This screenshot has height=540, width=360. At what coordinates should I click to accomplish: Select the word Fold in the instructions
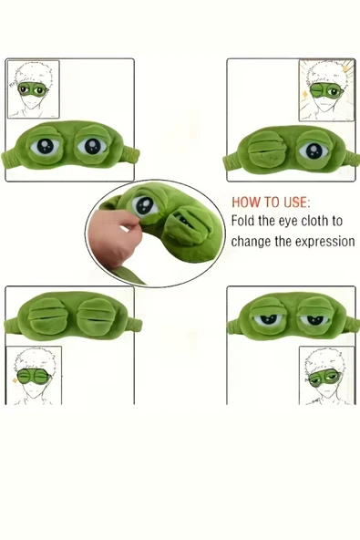click(x=243, y=221)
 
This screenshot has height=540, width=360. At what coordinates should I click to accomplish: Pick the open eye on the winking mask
click(x=314, y=151)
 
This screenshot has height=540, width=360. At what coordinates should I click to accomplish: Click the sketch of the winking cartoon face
click(x=325, y=90)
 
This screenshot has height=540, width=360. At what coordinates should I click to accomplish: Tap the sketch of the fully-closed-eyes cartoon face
click(x=34, y=375)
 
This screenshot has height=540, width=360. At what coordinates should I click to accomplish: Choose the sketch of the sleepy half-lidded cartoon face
click(x=326, y=375)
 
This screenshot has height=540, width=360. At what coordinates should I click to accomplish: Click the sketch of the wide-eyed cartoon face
click(x=34, y=88)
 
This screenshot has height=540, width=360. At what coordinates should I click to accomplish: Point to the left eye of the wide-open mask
click(x=45, y=147)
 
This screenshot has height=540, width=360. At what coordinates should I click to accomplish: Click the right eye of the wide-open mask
click(x=92, y=147)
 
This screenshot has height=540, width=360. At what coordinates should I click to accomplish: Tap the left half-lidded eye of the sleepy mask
click(x=267, y=319)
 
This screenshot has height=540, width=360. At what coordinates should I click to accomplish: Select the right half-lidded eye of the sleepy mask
click(x=314, y=319)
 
